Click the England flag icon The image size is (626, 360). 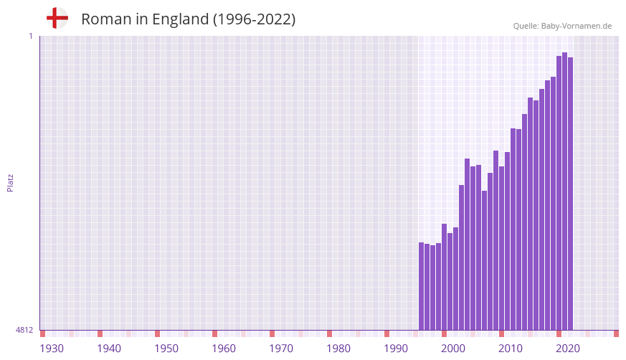57,18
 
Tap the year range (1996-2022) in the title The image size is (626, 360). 254,19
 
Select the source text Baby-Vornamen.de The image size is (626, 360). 576,26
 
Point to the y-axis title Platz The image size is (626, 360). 10,182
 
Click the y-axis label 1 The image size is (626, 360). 30,36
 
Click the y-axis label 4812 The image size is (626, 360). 24,330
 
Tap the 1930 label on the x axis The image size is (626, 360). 52,349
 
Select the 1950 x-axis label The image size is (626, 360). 166,349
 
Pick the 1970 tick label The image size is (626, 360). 281,349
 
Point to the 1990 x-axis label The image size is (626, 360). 396,349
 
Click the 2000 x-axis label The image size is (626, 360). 453,349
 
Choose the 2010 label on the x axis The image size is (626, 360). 511,349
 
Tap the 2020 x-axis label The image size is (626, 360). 568,349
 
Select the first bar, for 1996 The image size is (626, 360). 422,286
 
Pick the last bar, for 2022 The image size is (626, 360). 570,194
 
